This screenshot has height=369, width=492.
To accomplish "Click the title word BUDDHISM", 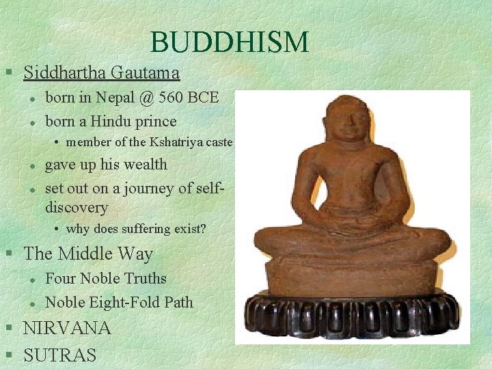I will pyautogui.click(x=230, y=42).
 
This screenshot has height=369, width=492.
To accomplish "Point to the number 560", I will pyautogui.click(x=172, y=98).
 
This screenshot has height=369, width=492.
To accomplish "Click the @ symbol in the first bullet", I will pyautogui.click(x=146, y=98).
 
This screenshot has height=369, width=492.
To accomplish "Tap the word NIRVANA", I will pyautogui.click(x=67, y=328).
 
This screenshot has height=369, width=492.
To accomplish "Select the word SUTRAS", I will pyautogui.click(x=60, y=355).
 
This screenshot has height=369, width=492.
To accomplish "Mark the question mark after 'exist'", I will pyautogui.click(x=204, y=229).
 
